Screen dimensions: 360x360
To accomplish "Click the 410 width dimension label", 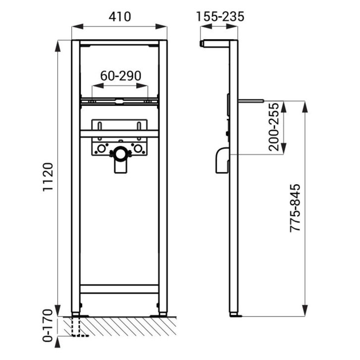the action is (x=120, y=17).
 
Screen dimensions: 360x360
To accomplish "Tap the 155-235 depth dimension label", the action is (x=220, y=17).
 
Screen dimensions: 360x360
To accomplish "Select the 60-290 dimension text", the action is (x=121, y=76).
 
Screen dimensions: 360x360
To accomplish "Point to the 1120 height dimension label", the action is (x=48, y=177).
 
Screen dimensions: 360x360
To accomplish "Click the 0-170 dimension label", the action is (x=48, y=325).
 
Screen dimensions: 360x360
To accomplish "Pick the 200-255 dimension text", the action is (x=274, y=127).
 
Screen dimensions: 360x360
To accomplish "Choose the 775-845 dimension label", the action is (x=295, y=208).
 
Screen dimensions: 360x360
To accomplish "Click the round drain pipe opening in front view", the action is (x=120, y=154).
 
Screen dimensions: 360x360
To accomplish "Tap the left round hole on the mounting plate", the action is (x=101, y=149).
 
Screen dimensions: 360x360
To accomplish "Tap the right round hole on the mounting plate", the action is (x=138, y=149).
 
